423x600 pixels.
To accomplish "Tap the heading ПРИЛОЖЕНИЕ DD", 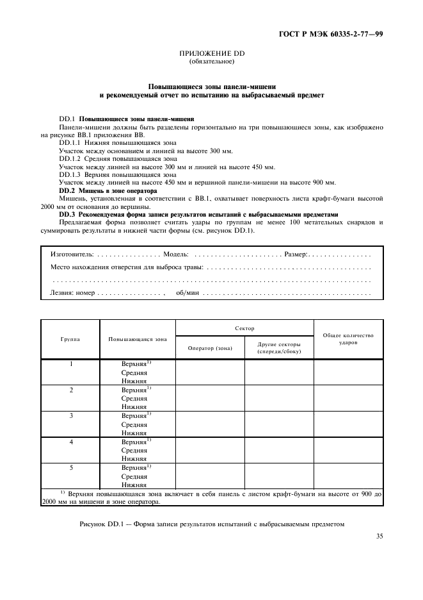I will coord(212,54).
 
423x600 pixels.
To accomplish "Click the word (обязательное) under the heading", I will coord(212,62).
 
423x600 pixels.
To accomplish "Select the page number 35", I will coord(379,537).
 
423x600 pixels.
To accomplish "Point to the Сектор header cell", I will coord(244,328).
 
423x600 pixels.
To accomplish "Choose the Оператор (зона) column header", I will coord(210,348).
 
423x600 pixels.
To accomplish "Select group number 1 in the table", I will coord(71,363).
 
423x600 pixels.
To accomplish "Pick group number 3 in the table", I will coord(71,415).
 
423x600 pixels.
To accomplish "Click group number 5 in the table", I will coord(71,467).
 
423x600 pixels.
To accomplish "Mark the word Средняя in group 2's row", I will coord(134,398).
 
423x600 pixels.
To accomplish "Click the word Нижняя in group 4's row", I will coord(134,458).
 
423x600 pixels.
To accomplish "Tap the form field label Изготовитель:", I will coord(72,254).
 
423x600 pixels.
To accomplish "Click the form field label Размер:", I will coord(296,254).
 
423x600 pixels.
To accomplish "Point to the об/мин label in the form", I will coord(188,292).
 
